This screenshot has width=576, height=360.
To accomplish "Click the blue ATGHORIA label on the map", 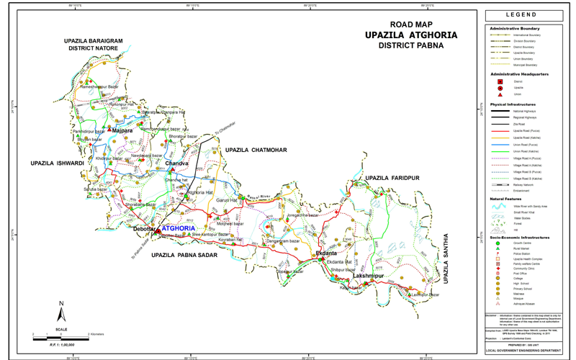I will click(179, 228).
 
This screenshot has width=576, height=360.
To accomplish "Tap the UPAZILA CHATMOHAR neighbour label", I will click(254, 150).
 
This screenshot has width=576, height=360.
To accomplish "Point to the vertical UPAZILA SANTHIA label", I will click(446, 258).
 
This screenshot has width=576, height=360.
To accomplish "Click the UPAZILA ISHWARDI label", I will click(58, 163).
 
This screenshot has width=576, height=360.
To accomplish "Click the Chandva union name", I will click(176, 164).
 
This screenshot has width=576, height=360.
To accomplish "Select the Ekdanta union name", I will click(326, 253).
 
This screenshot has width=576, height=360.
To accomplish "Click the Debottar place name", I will click(145, 229).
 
